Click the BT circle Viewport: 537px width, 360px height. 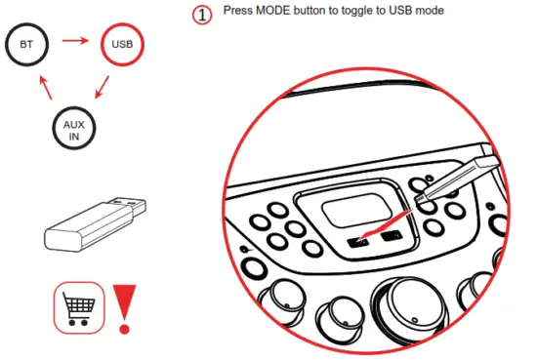(26, 45)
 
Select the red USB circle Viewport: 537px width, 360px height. (123, 45)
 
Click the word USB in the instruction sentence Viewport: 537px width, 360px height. (406, 11)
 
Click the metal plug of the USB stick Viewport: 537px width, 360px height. (129, 208)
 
